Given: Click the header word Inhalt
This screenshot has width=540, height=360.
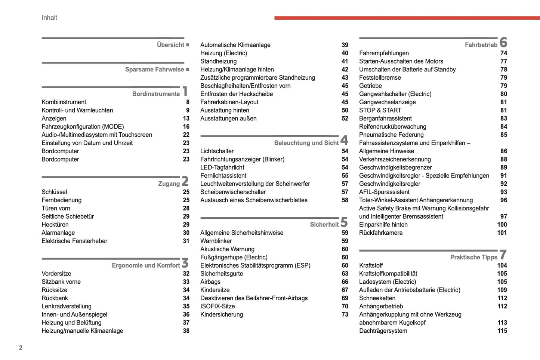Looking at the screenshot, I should [x=49, y=18].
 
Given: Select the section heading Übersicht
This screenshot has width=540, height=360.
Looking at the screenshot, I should [x=170, y=45].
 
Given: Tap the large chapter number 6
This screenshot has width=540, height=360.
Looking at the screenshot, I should [x=503, y=42].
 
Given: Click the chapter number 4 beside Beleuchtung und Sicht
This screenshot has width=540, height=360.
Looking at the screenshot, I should [x=344, y=140].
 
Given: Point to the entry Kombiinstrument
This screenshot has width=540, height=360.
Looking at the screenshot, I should [x=64, y=102].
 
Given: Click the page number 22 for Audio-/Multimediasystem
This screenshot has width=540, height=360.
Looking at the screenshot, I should [x=186, y=135].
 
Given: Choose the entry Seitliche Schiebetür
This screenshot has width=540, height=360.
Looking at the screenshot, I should [x=68, y=216].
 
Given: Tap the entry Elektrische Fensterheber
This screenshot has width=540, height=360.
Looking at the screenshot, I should [x=74, y=241].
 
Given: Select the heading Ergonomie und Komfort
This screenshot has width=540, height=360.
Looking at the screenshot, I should [x=146, y=265].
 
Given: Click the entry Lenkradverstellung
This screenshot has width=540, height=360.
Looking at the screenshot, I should [x=67, y=306].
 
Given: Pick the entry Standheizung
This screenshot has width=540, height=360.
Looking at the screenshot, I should [x=218, y=61].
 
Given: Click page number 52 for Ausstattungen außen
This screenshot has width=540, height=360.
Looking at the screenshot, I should [x=345, y=119].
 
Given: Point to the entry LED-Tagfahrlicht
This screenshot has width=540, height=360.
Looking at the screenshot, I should [x=222, y=167].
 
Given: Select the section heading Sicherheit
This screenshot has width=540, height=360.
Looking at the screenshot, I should [x=324, y=225].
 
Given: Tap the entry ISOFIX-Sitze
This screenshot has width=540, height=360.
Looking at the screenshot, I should [x=217, y=306].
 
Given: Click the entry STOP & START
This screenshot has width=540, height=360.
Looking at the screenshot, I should [x=380, y=110].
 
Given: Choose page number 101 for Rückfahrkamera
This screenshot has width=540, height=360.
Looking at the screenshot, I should [x=502, y=233].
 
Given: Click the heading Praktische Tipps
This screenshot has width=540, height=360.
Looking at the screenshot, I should [x=473, y=257].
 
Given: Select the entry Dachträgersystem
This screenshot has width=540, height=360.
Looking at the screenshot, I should [x=383, y=331].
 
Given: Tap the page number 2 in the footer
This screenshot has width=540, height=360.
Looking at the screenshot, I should [x=21, y=348].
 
